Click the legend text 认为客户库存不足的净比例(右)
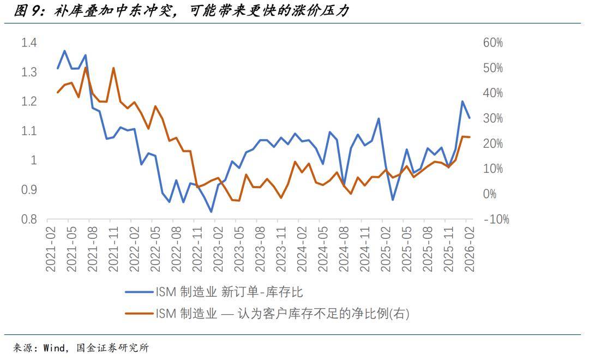(x=322, y=314)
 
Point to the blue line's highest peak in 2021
(x=64, y=51)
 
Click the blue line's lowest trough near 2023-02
(x=211, y=212)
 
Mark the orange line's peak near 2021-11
(x=113, y=68)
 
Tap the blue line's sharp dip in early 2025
(x=393, y=200)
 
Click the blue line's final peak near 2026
(x=462, y=101)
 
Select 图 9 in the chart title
(x=27, y=11)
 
